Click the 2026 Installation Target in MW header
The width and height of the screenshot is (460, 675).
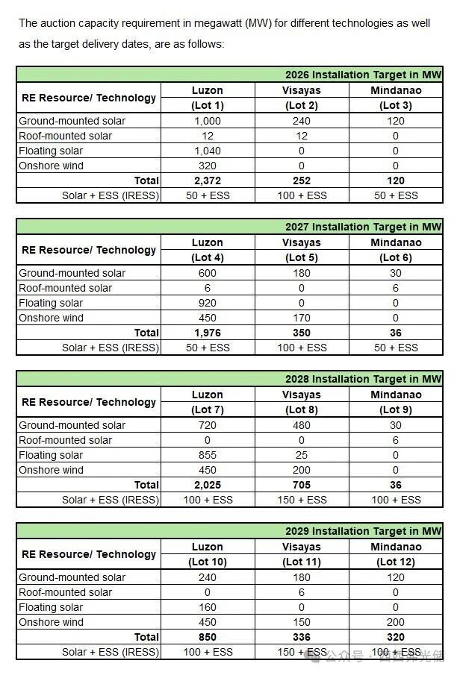pyautogui.click(x=363, y=75)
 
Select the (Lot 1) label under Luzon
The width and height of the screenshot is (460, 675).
pyautogui.click(x=208, y=105)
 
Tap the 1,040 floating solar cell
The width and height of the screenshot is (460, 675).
pyautogui.click(x=208, y=151)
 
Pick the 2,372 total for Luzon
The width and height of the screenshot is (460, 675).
pyautogui.click(x=208, y=180)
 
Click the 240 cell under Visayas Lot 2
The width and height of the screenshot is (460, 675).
pyautogui.click(x=302, y=121)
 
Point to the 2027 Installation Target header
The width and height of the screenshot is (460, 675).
pyautogui.click(x=363, y=227)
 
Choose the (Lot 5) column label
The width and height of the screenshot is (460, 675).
pyautogui.click(x=302, y=257)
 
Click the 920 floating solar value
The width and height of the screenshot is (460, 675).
pyautogui.click(x=208, y=303)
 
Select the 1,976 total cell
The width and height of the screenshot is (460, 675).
pyautogui.click(x=208, y=333)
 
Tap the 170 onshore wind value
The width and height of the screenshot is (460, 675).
pyautogui.click(x=302, y=318)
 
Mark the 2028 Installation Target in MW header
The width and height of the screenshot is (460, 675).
pyautogui.click(x=363, y=379)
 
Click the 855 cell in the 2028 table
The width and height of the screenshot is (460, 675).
pyautogui.click(x=208, y=455)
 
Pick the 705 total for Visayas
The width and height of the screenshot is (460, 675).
pyautogui.click(x=302, y=485)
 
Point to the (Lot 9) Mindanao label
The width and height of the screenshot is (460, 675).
pyautogui.click(x=396, y=409)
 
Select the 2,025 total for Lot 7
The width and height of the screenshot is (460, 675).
pyautogui.click(x=208, y=485)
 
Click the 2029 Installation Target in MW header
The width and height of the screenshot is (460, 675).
pyautogui.click(x=363, y=531)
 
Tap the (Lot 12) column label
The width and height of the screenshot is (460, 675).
pyautogui.click(x=396, y=562)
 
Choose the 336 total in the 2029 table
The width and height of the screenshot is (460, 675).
pyautogui.click(x=302, y=637)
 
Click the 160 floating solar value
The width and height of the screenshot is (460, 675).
pyautogui.click(x=208, y=607)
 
